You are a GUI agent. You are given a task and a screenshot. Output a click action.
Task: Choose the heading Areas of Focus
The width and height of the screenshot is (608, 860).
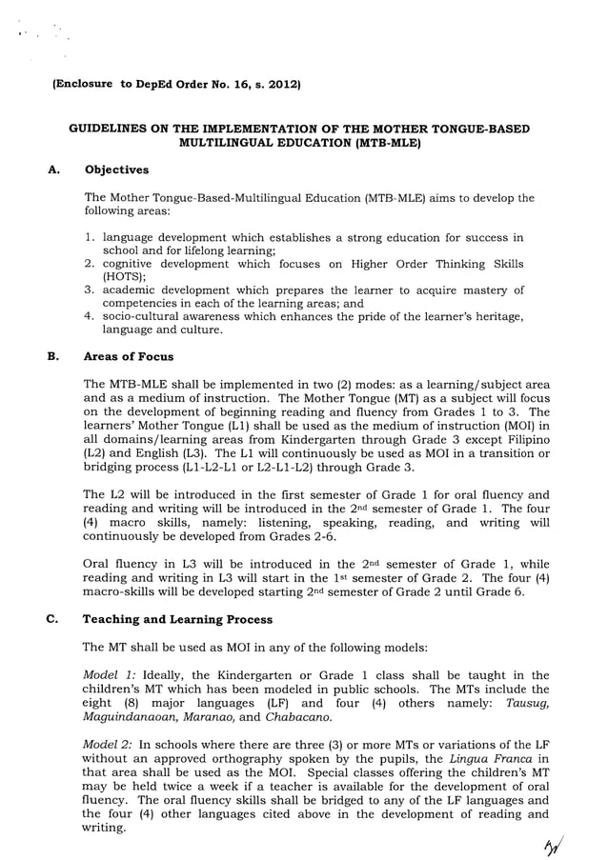129,356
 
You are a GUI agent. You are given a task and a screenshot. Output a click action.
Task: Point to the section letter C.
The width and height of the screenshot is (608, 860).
52,619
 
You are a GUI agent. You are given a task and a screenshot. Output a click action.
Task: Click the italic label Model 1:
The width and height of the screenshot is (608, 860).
109,674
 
